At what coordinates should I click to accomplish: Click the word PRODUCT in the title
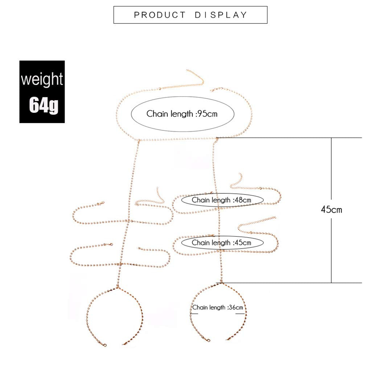pyautogui.click(x=160, y=15)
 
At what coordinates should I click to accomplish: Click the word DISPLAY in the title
pyautogui.click(x=221, y=15)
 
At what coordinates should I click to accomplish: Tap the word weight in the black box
pyautogui.click(x=42, y=79)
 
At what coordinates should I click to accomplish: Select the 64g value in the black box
pyautogui.click(x=44, y=105)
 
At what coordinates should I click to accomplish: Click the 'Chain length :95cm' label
pyautogui.click(x=182, y=114)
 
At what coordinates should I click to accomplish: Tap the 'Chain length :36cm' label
pyautogui.click(x=217, y=308)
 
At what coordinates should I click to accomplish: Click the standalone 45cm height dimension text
pyautogui.click(x=332, y=210)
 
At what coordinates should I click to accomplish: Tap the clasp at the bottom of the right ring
pyautogui.click(x=208, y=340)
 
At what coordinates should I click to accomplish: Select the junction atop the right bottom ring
pyautogui.click(x=220, y=283)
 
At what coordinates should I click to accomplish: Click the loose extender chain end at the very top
pyautogui.click(x=188, y=70)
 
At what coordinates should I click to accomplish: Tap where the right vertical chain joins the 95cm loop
pyautogui.click(x=216, y=139)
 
